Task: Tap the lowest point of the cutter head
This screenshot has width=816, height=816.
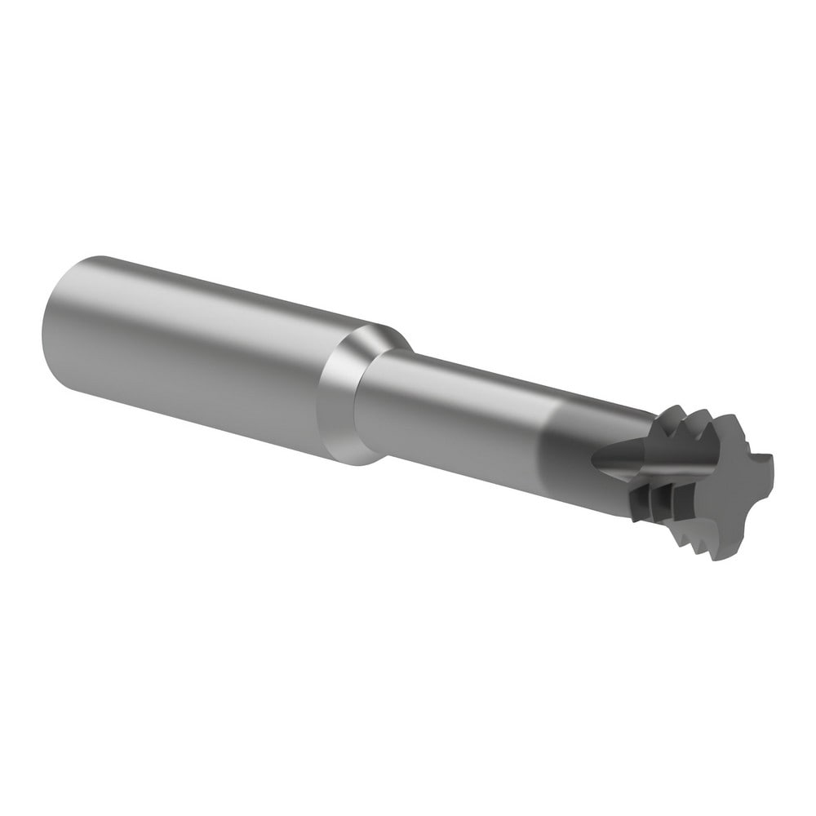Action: [x=718, y=559]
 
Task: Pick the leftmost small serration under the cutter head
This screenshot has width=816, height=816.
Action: [x=653, y=522]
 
